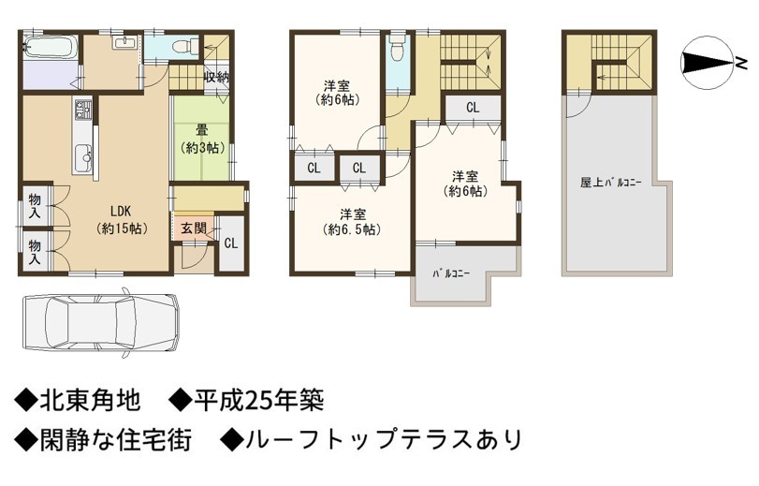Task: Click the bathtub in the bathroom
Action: (x=50, y=47)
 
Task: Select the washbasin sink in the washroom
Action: (x=124, y=42)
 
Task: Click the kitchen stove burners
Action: (x=82, y=110)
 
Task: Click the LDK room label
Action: (x=122, y=219)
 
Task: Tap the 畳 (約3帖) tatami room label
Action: (x=202, y=140)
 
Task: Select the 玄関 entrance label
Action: (x=194, y=228)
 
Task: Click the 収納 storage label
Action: (x=216, y=77)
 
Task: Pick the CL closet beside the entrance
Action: (x=231, y=243)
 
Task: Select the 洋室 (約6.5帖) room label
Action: (x=352, y=221)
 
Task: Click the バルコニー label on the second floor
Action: (x=451, y=273)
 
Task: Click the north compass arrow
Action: (x=707, y=63)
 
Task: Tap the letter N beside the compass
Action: (x=741, y=63)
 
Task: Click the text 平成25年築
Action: (x=258, y=401)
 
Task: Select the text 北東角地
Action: (x=91, y=401)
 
